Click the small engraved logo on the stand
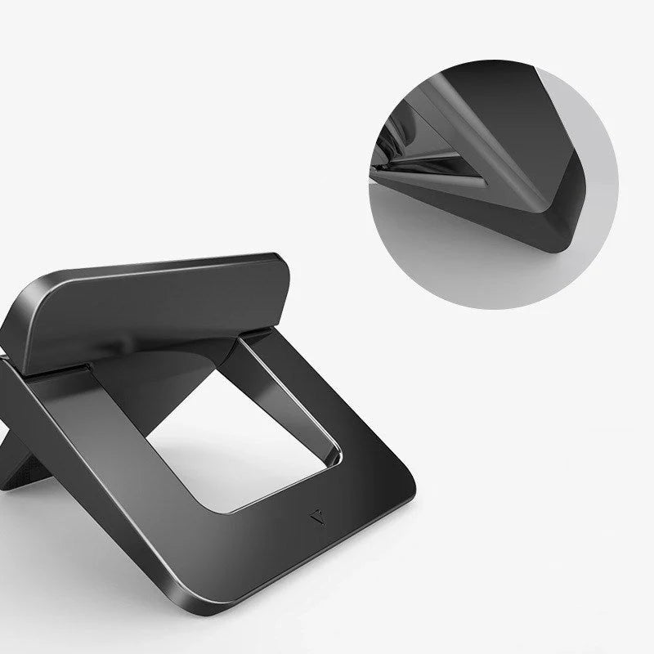(x=316, y=516)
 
